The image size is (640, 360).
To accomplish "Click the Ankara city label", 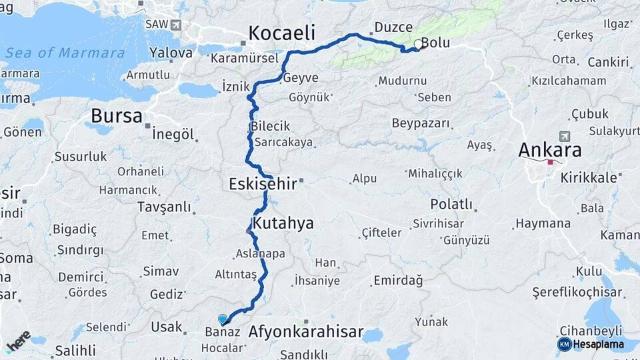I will pos(550,149).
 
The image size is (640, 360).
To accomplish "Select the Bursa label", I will pos(117,115).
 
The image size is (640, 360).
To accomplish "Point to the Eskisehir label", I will pos(262,183).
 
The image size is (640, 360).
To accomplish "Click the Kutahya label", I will pos(283,223).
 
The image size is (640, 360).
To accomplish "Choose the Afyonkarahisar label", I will pos(305,331).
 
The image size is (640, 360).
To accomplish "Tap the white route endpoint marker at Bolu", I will pos(419,45).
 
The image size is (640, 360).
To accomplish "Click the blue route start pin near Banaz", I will pos(223,319).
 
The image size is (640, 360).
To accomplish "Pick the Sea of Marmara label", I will pos(65,53).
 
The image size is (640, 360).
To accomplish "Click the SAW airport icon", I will pos(176,25).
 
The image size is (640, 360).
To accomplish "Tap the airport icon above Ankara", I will pos(565,136).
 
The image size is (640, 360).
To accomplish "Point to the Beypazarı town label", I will pos(421,123).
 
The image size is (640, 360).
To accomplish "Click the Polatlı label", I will pos(451,204).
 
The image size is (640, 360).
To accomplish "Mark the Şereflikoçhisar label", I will pos(577,292).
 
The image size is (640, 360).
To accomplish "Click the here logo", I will pos(18,340).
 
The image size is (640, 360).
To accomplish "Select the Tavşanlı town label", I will pos(164,207).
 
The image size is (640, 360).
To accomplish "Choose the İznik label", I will pos(235,87).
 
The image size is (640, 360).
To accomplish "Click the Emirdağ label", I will pos(398,281).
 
